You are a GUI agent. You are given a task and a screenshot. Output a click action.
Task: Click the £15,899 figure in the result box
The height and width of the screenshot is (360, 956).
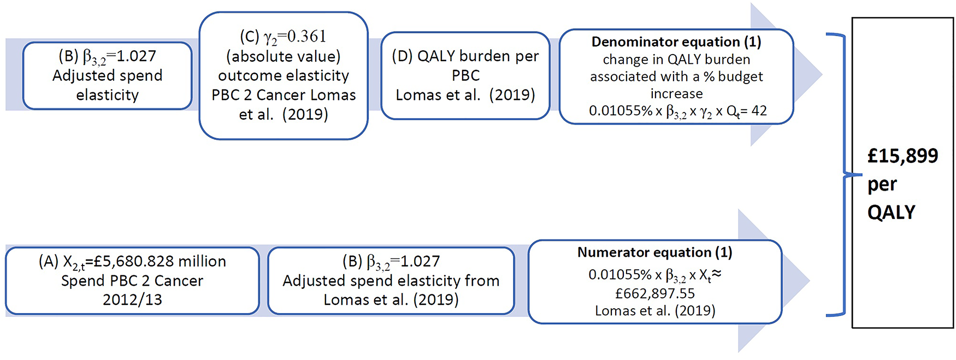(902, 157)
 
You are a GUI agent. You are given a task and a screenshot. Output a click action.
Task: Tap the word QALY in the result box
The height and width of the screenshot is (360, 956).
(891, 212)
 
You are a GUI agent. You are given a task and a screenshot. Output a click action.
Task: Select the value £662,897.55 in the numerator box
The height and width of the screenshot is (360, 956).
(654, 294)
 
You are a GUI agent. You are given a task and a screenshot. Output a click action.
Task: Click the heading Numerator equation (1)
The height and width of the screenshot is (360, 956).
(654, 252)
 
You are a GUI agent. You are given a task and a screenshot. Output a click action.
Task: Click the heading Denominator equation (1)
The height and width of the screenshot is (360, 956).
(676, 42)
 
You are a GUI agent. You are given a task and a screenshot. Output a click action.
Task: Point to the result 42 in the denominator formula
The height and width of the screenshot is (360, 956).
(759, 111)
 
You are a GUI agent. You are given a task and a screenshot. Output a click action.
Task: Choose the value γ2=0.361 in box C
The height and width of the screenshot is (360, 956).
(294, 37)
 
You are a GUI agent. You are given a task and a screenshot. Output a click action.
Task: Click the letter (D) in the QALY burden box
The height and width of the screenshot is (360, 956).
(403, 56)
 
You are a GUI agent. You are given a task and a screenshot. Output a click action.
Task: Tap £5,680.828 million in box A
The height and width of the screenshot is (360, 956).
(155, 262)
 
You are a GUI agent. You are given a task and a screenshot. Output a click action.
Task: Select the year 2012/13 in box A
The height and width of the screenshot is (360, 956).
(132, 300)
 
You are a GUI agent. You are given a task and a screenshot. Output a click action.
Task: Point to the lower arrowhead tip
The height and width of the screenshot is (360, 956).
(808, 281)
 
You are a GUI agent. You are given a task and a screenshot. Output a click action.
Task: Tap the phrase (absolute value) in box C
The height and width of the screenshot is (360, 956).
(283, 57)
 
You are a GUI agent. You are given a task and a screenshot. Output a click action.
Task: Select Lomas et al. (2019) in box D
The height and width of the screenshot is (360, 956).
(465, 95)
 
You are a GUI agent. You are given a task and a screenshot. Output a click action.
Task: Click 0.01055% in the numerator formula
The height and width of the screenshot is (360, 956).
(620, 275)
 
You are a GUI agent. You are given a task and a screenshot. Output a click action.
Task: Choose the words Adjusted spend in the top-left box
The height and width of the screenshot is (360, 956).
(107, 76)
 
